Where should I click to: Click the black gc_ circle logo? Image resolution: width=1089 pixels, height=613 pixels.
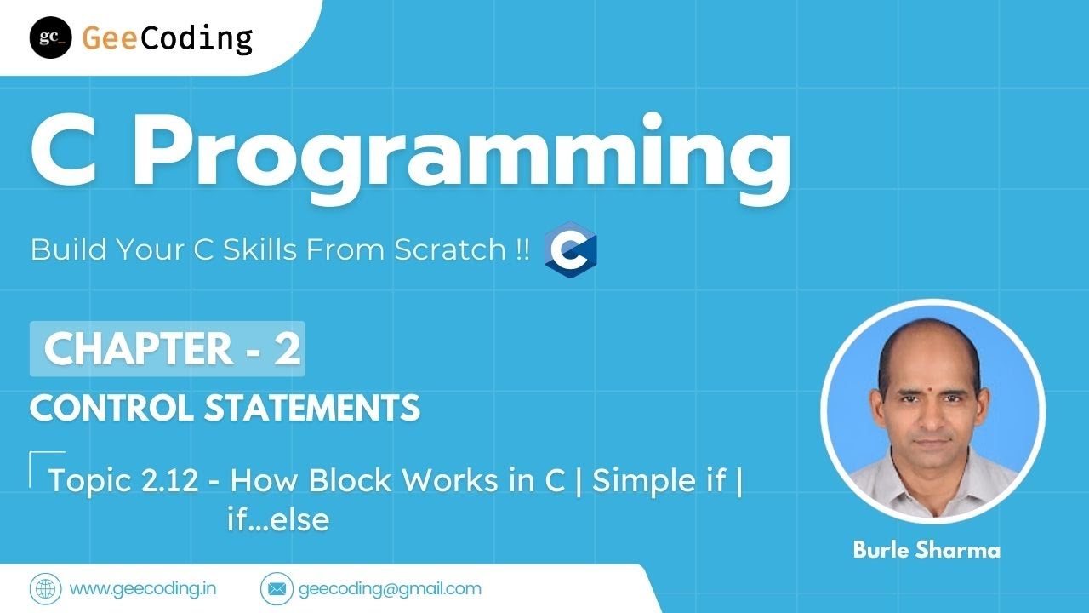50,37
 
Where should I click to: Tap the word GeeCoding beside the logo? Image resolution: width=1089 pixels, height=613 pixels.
168,38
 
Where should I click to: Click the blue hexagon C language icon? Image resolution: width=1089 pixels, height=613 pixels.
570,250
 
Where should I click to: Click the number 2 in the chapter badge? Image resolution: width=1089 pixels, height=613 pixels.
287,349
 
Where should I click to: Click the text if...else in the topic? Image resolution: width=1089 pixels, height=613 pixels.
277,519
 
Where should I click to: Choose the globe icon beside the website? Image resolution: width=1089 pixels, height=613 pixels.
46,588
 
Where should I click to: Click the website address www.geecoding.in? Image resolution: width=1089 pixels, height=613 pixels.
141,588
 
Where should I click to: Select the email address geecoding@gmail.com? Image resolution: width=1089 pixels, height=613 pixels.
390,588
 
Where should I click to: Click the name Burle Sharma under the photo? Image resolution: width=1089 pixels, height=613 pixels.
927,550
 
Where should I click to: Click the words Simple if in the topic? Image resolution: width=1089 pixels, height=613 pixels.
659,481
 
